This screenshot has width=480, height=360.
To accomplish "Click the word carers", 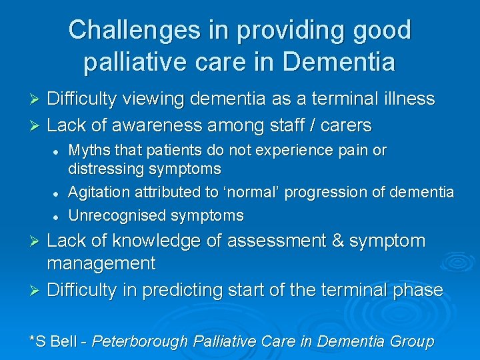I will pos(345,125).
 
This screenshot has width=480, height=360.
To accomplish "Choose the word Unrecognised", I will pos(117,215).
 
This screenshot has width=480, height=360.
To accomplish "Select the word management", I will pos(101,263).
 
